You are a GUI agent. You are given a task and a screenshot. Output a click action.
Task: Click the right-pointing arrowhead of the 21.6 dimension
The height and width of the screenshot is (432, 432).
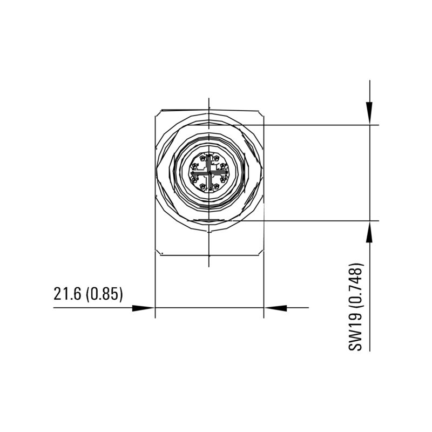click(x=144, y=308)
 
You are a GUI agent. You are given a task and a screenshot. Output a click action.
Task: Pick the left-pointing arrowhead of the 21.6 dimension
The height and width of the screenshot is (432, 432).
click(x=275, y=308)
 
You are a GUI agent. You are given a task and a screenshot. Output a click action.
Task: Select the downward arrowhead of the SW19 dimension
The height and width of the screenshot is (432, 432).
click(x=369, y=114)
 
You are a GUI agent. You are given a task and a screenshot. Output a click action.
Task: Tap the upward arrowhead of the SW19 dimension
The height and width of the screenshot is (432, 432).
click(x=369, y=231)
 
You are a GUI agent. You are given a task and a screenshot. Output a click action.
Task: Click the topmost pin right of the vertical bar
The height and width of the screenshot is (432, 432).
click(x=216, y=159)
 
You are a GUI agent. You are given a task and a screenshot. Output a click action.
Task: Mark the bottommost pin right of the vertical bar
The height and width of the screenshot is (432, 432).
click(x=216, y=187)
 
